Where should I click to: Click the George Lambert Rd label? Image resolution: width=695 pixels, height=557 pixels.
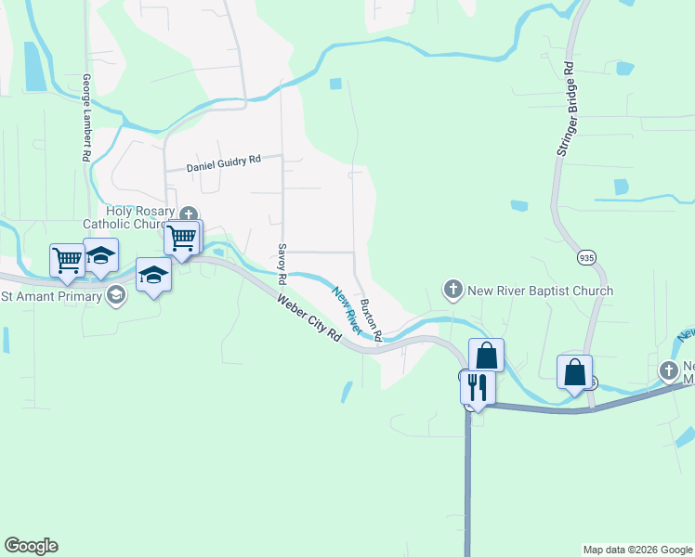(85, 118)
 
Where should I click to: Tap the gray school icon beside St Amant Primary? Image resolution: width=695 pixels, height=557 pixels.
(116, 296)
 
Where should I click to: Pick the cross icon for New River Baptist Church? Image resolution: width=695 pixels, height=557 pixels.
(453, 291)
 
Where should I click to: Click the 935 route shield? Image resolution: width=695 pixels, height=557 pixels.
(586, 256)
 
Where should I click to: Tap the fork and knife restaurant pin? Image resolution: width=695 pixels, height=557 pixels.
(478, 386)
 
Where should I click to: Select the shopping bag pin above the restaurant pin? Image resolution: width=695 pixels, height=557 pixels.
(486, 355)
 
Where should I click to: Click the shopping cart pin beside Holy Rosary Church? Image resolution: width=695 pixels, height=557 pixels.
(182, 238)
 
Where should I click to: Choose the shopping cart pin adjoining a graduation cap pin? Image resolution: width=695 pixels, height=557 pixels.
(67, 260)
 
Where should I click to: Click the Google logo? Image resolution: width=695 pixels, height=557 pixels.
(31, 546)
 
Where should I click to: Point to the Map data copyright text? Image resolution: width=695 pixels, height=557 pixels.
(636, 550)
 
